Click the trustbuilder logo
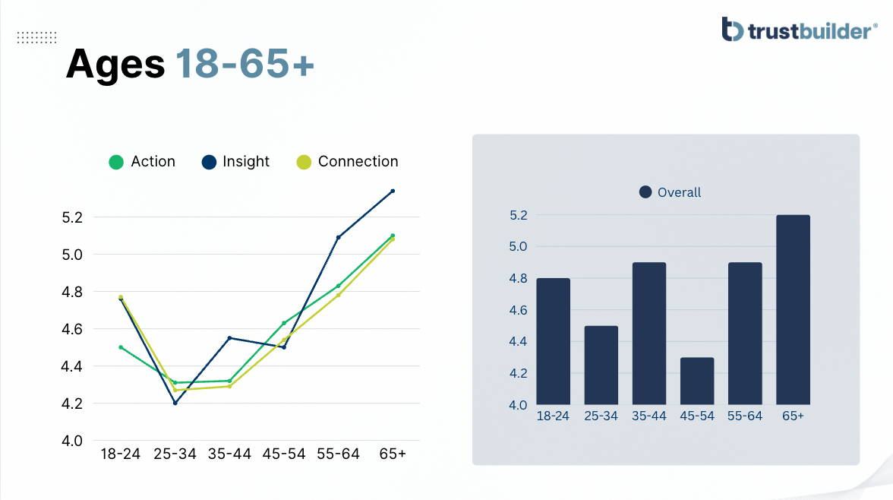tap(799, 29)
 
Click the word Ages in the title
tap(115, 63)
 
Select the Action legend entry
tap(142, 162)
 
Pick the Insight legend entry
tap(235, 162)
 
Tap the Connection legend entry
tap(348, 162)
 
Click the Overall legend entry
tap(670, 192)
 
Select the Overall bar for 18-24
tap(553, 341)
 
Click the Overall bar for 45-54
tap(697, 381)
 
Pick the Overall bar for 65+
tap(793, 309)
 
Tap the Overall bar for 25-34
tap(601, 366)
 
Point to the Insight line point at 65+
tap(393, 191)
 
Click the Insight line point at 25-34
tap(175, 403)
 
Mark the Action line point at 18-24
tap(121, 347)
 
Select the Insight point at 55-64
tap(339, 237)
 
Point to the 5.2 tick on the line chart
tap(72, 217)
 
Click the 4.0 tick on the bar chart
tap(518, 405)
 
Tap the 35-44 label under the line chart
tap(229, 454)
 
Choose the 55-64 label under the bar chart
tap(745, 416)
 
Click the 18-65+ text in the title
tap(245, 63)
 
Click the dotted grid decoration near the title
tap(37, 38)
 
